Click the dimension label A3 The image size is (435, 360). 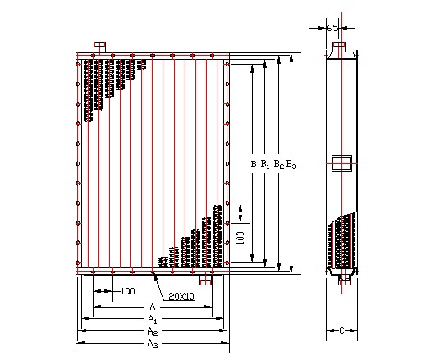[153, 344]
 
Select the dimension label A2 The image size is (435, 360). [153, 331]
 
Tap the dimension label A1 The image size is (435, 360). [153, 319]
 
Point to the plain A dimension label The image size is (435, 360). [153, 307]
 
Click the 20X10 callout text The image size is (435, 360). [181, 297]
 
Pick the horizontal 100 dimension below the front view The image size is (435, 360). [128, 291]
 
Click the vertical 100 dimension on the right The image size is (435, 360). [241, 238]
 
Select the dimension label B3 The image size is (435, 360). [291, 165]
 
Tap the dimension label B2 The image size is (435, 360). [279, 164]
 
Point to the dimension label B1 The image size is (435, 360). [265, 164]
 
